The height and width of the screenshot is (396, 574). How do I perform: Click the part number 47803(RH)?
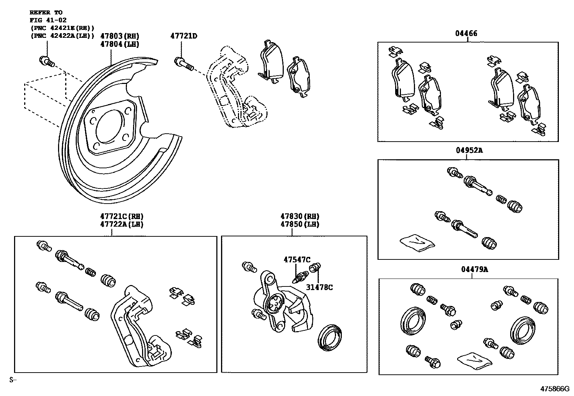click(x=119, y=36)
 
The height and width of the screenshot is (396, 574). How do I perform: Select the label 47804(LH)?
click(x=119, y=44)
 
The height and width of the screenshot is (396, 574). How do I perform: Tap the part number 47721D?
click(x=184, y=36)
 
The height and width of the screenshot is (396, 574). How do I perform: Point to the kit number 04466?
click(x=466, y=34)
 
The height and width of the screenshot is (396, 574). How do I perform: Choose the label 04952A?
click(x=468, y=151)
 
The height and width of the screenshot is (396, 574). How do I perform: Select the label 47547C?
click(x=297, y=259)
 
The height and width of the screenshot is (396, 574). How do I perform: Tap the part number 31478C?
click(x=319, y=287)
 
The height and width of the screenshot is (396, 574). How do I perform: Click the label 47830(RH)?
click(x=300, y=216)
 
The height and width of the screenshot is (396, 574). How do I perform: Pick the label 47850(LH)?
click(x=300, y=224)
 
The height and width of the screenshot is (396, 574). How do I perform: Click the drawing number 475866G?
click(x=554, y=389)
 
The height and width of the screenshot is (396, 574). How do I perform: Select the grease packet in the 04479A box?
click(x=474, y=359)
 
